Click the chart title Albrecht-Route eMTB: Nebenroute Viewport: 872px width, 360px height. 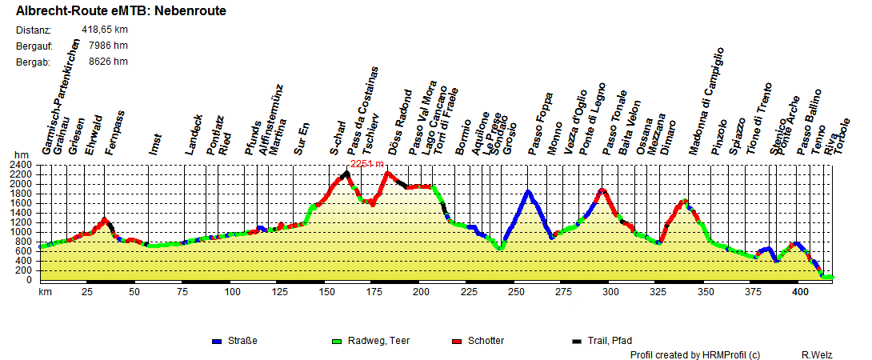(121, 11)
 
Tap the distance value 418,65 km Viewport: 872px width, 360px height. (105, 30)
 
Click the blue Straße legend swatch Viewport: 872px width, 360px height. (216, 342)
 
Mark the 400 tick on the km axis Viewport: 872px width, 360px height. (799, 293)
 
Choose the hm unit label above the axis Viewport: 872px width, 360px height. (22, 155)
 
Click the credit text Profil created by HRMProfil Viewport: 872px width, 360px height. (694, 354)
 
